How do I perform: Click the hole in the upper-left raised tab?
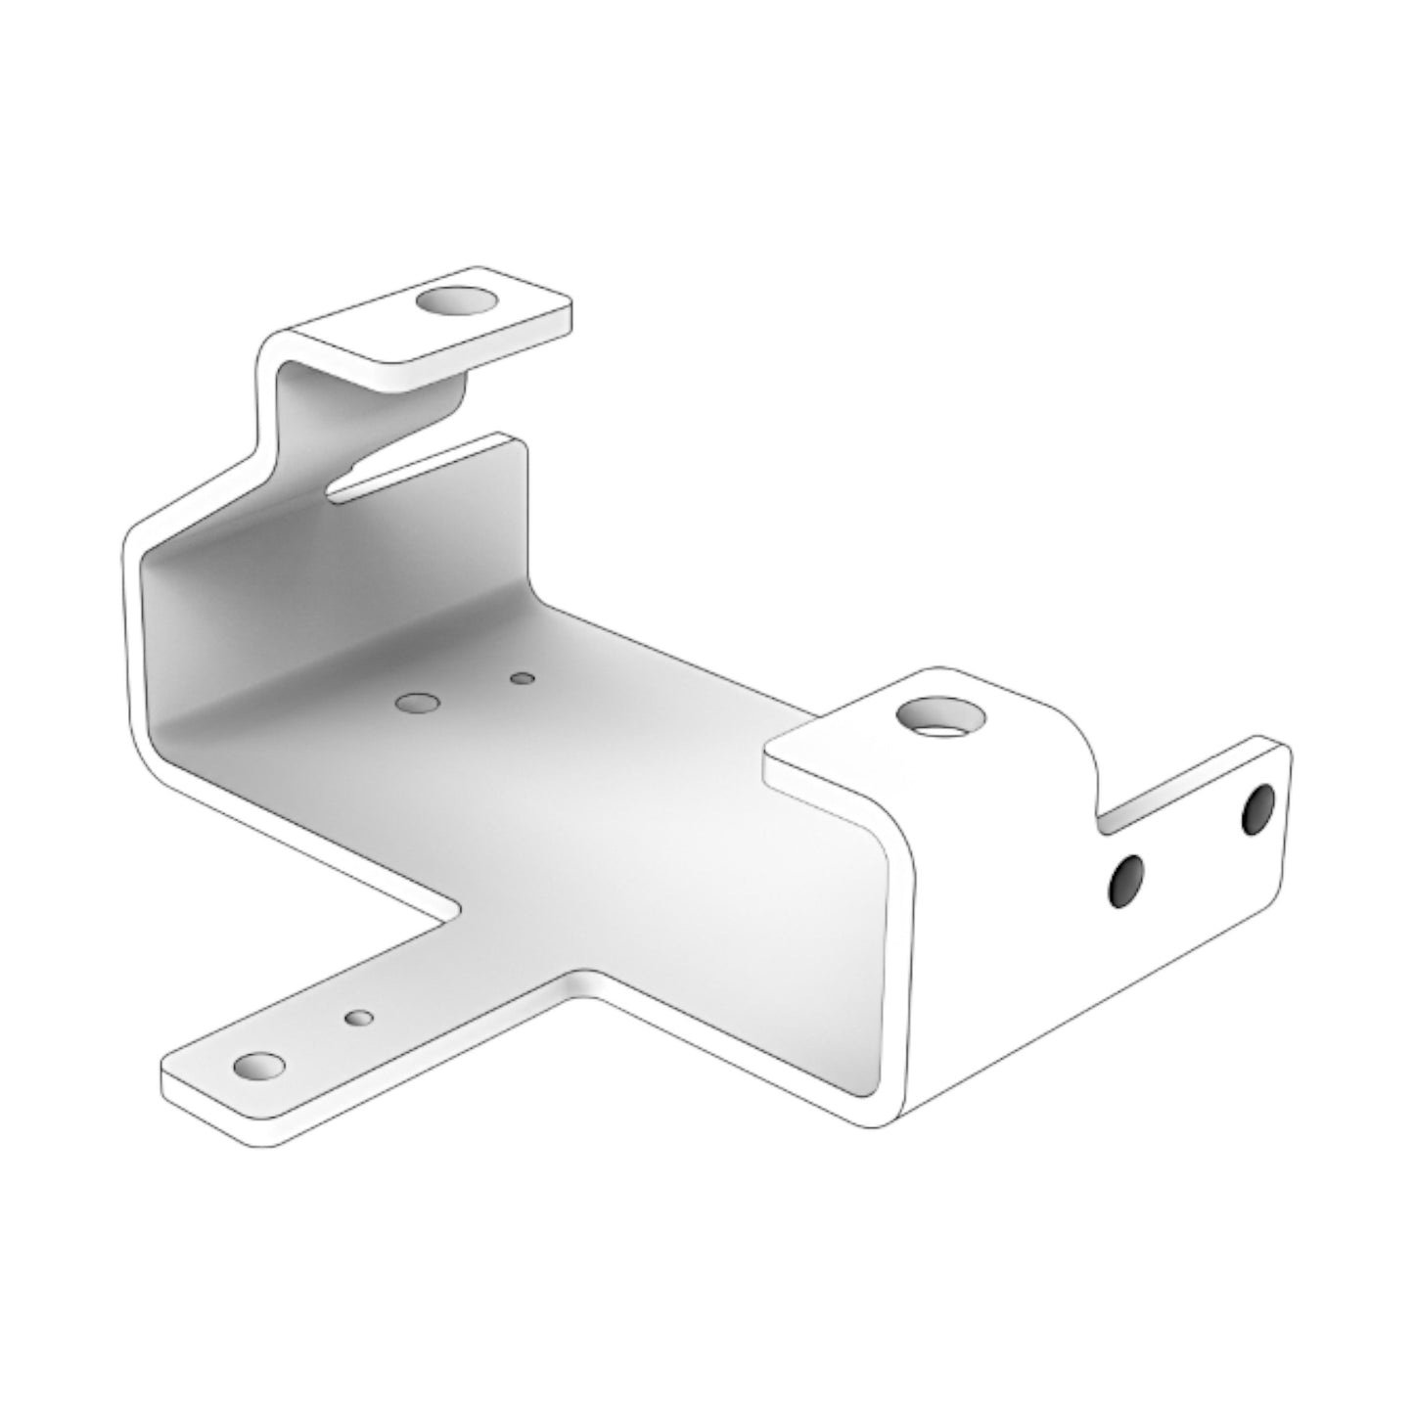coord(456,300)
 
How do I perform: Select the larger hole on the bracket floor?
coord(418,703)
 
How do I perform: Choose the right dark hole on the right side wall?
coord(1258,808)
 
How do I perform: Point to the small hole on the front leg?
coord(359,1018)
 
